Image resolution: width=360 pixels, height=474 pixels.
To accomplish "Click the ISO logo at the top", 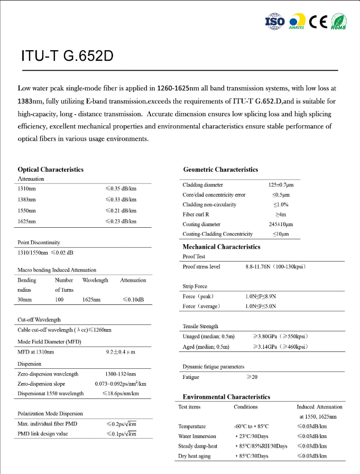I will coord(274,21).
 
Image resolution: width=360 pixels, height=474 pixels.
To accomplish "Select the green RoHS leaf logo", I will coord(339,21).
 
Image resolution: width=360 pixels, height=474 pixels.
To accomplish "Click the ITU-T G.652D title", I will coord(67,57).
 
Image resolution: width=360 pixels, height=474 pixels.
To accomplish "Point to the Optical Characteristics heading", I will coord(51,170).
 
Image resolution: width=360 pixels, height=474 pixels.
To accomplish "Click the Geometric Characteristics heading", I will coord(220,170).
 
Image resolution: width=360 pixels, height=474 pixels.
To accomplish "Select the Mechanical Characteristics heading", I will coord(221,247).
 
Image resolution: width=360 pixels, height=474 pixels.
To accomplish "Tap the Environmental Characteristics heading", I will coord(226,397).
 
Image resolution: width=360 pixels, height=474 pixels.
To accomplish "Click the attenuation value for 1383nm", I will coord(121,200).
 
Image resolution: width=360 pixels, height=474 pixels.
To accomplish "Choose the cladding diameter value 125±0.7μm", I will coord(281,185).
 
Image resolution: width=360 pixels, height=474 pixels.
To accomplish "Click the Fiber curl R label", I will coord(197,215).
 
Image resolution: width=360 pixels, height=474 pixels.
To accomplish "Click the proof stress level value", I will coord(275,267).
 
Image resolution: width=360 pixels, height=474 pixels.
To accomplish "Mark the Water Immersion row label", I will coord(197,436).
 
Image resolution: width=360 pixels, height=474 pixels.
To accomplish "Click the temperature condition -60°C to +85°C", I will coord(251,426).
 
